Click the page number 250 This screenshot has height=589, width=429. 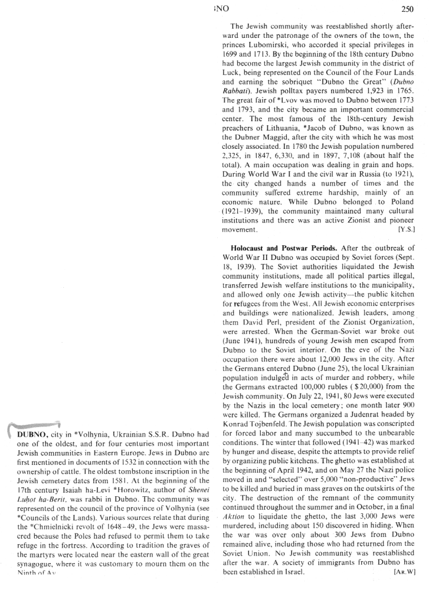407,9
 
